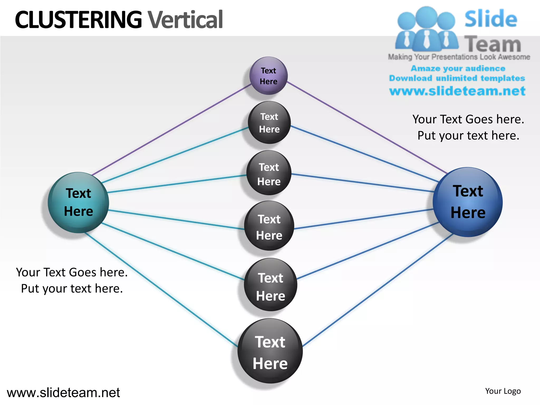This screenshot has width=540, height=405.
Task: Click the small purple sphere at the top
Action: click(268, 76)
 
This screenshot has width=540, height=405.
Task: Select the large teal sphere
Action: click(78, 202)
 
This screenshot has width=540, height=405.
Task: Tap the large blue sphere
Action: click(467, 202)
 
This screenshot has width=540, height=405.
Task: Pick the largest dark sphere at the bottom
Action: click(270, 351)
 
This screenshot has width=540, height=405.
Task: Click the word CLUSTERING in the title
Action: click(78, 20)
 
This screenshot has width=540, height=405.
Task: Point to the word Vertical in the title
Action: click(185, 20)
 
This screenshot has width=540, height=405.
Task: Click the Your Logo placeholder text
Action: click(503, 391)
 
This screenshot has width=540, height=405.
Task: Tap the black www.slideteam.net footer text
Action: click(63, 393)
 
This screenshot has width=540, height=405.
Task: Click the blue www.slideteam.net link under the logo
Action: click(457, 91)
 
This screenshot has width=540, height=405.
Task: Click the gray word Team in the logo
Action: click(493, 44)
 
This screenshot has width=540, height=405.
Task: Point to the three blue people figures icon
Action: click(426, 29)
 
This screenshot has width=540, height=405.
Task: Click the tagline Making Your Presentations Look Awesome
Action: click(459, 57)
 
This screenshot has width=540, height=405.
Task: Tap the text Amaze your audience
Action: click(458, 68)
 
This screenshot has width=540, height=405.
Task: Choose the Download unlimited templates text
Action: click(457, 78)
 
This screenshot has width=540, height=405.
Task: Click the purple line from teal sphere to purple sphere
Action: click(171, 129)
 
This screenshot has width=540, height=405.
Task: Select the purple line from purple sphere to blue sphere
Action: click(367, 127)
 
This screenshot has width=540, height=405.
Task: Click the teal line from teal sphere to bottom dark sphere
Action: click(161, 290)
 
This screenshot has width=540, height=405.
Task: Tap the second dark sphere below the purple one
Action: click(269, 173)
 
